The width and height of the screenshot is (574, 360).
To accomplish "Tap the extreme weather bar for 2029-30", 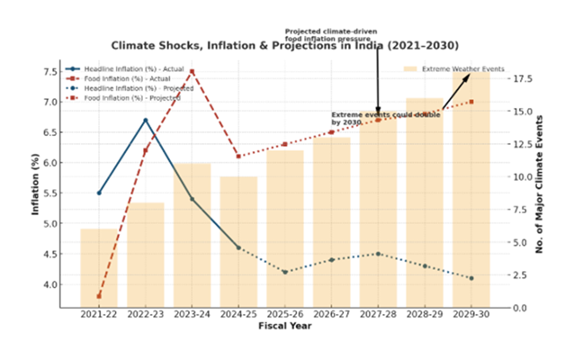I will pyautogui.click(x=471, y=189).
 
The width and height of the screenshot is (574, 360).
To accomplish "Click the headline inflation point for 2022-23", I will pyautogui.click(x=145, y=120).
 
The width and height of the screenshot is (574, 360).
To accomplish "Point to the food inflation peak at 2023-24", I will pyautogui.click(x=192, y=71).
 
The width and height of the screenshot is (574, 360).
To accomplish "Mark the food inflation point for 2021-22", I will pyautogui.click(x=99, y=296).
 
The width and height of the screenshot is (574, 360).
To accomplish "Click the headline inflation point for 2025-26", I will pyautogui.click(x=285, y=272).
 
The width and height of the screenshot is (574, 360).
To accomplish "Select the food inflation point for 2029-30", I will pyautogui.click(x=471, y=102).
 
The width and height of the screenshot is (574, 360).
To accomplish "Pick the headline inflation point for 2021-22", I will pyautogui.click(x=99, y=193).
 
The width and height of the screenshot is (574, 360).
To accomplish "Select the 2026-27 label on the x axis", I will pyautogui.click(x=331, y=316).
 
